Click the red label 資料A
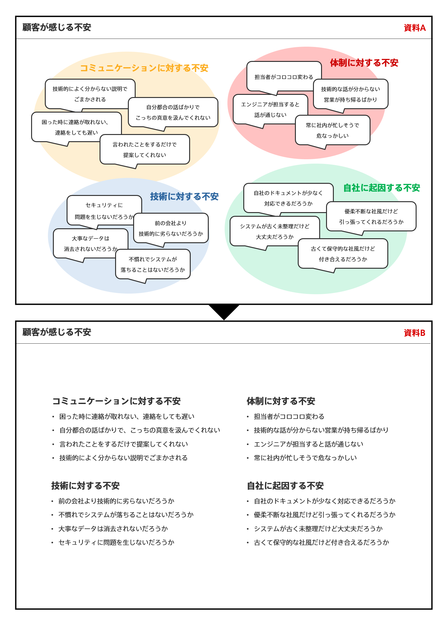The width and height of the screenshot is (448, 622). (414, 28)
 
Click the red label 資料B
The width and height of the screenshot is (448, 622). (414, 333)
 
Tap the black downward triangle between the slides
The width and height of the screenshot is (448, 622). (224, 311)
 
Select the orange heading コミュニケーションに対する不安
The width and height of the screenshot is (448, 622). (144, 68)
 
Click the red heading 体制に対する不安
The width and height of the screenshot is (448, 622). (364, 63)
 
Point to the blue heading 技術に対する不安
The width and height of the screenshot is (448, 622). (184, 197)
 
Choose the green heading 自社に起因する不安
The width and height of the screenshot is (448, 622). (381, 188)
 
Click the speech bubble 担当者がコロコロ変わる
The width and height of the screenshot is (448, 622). (284, 77)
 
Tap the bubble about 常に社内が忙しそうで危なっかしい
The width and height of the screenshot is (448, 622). (332, 130)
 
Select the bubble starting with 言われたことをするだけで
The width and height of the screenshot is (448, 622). (145, 150)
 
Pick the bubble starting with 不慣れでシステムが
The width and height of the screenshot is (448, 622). (153, 264)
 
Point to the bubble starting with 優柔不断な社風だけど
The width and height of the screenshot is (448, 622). (371, 216)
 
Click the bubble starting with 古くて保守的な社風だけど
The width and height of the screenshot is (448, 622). (343, 254)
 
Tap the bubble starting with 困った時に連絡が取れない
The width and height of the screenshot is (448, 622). (76, 127)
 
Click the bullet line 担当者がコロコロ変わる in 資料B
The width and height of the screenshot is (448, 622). (289, 416)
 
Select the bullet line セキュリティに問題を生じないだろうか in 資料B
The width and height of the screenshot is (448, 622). (116, 542)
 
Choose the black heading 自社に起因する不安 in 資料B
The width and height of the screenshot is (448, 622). (285, 486)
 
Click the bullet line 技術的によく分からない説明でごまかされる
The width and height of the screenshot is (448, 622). (123, 458)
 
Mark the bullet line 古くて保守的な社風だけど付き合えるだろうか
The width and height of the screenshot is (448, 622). (321, 542)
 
